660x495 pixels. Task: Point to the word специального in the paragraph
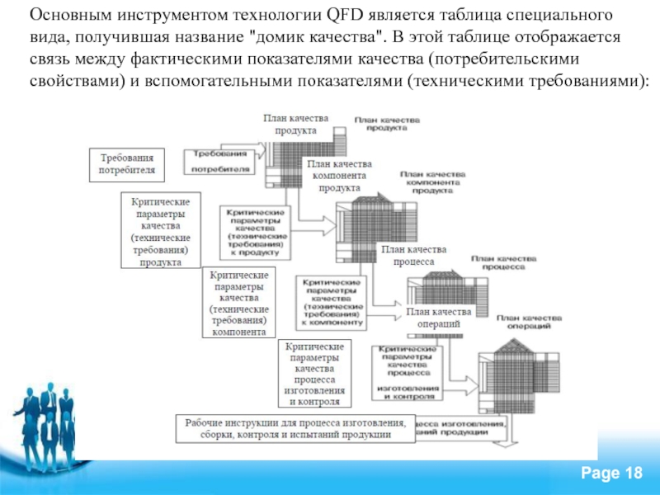[x=568, y=17]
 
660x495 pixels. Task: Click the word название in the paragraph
[x=208, y=39]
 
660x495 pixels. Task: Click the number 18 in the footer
[x=634, y=471]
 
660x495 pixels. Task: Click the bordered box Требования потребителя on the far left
[x=127, y=163]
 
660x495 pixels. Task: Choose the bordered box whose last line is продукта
[x=161, y=230]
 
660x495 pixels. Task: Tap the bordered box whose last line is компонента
[x=238, y=302]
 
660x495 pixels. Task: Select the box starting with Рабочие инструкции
[x=295, y=428]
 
